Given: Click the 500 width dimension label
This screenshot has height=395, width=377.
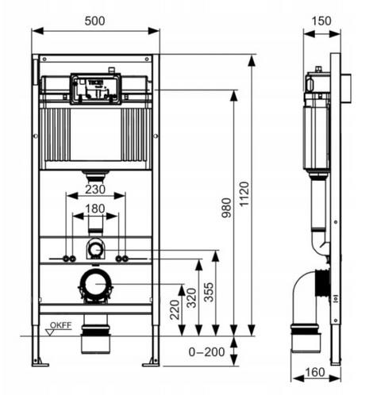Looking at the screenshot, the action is (x=94, y=21).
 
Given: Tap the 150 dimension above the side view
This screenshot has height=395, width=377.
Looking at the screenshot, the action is (x=321, y=21).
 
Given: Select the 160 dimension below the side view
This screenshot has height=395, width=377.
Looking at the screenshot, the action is (x=315, y=372).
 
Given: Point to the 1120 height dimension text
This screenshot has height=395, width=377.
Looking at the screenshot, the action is (x=244, y=194).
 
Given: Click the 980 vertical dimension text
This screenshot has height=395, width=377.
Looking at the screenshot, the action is (x=226, y=208).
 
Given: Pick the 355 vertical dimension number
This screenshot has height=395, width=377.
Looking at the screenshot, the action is (x=209, y=292).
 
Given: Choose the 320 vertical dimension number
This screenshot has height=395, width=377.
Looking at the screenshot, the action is (x=191, y=298).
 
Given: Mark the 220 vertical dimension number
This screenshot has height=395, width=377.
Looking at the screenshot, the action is (x=175, y=309).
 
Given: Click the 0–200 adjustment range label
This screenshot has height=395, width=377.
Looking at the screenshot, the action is (x=206, y=352).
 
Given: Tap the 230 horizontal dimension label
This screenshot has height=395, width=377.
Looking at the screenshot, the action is (x=95, y=190).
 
